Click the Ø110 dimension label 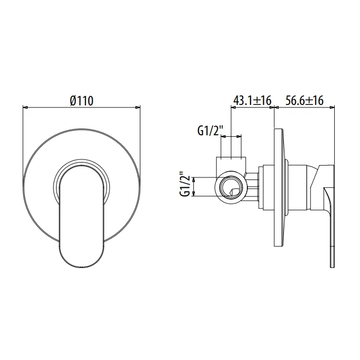point(82,101)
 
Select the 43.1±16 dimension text point(253,101)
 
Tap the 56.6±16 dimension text point(304,101)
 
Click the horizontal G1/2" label point(210,131)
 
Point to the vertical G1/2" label point(185,186)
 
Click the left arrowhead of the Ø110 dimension point(25,107)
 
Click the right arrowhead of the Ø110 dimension point(137,107)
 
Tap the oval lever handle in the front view point(82,217)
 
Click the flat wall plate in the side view point(280,187)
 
